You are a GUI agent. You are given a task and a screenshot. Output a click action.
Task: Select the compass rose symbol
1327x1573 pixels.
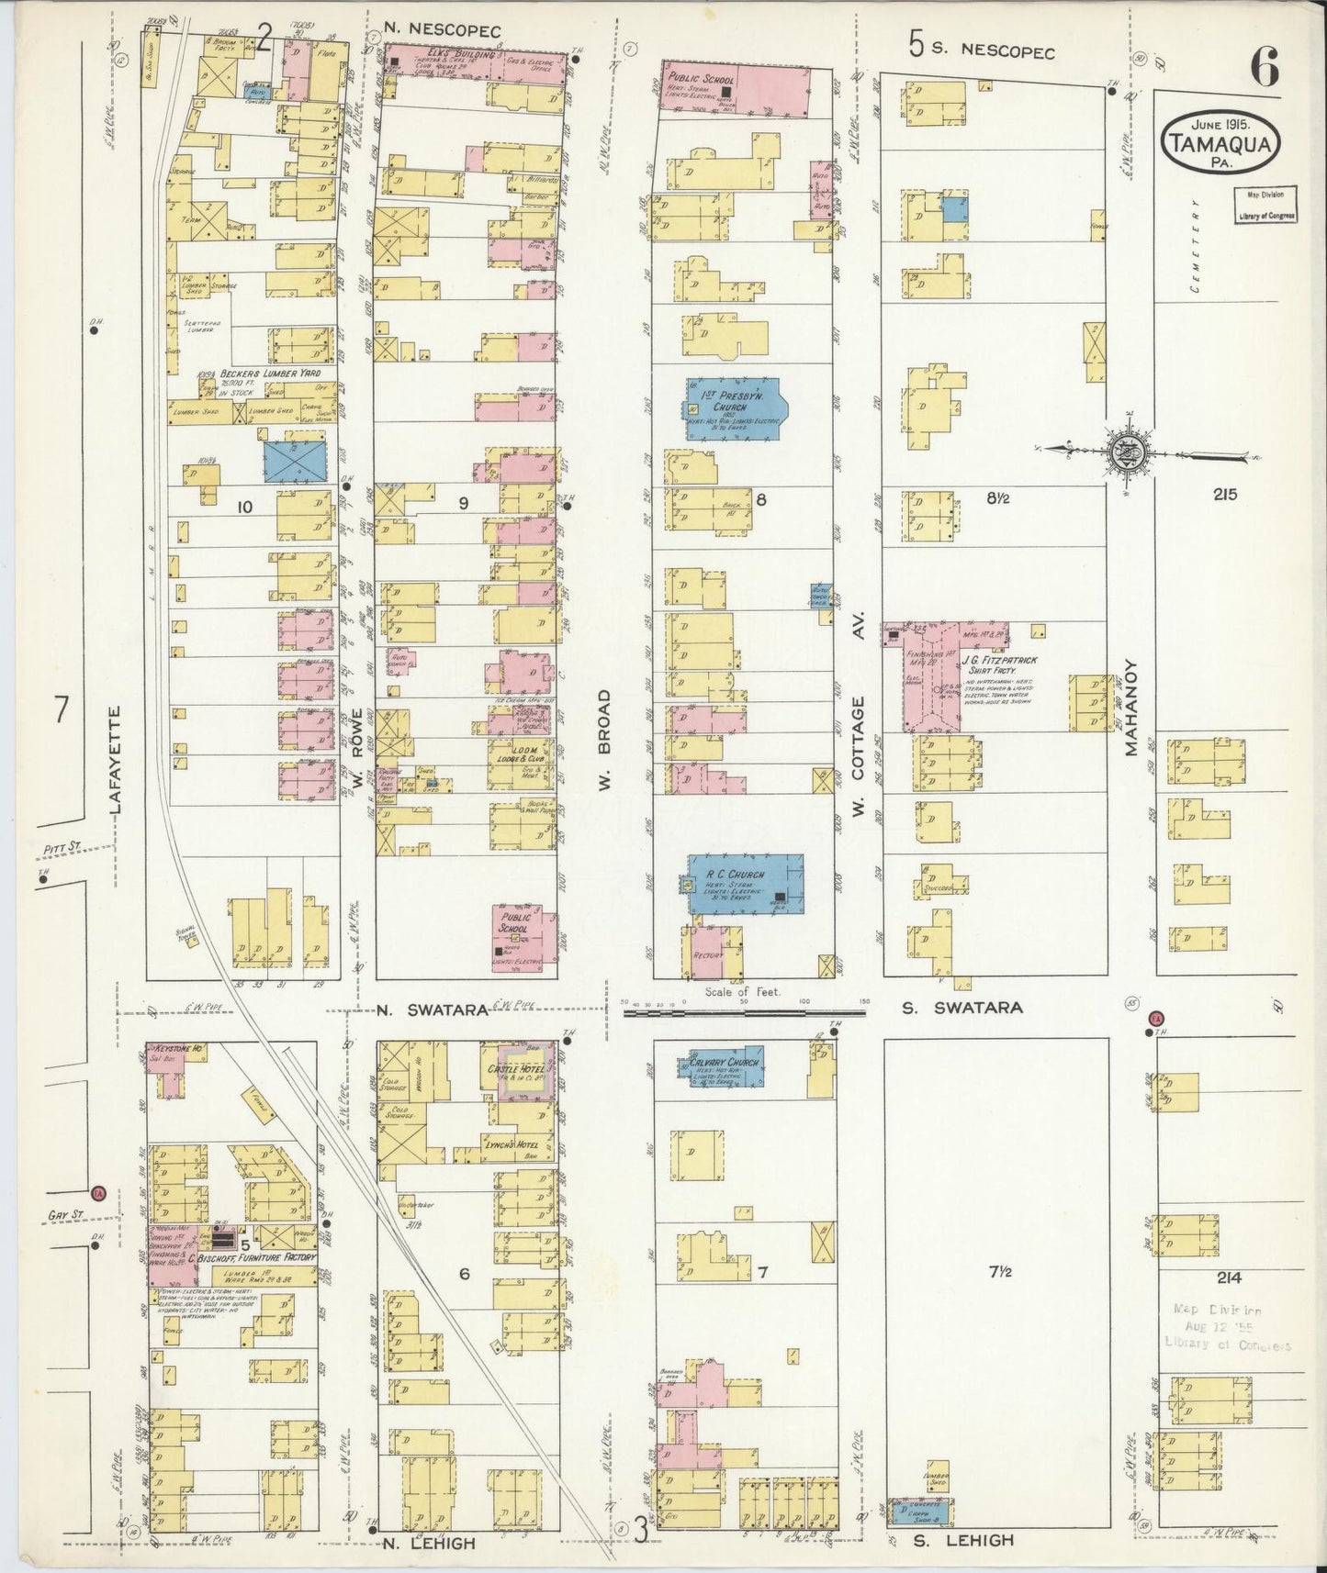tap(1125, 452)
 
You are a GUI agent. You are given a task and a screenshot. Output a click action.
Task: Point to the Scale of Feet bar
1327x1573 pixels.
tap(744, 1014)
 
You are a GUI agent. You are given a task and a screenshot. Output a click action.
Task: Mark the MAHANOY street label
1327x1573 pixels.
tap(1130, 708)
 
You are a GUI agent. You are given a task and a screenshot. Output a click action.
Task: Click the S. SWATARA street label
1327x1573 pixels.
tap(962, 1008)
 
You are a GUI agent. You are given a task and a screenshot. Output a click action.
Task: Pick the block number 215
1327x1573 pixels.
tap(1224, 495)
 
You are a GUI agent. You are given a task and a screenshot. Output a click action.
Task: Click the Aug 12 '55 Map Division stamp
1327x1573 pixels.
tap(1227, 1328)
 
